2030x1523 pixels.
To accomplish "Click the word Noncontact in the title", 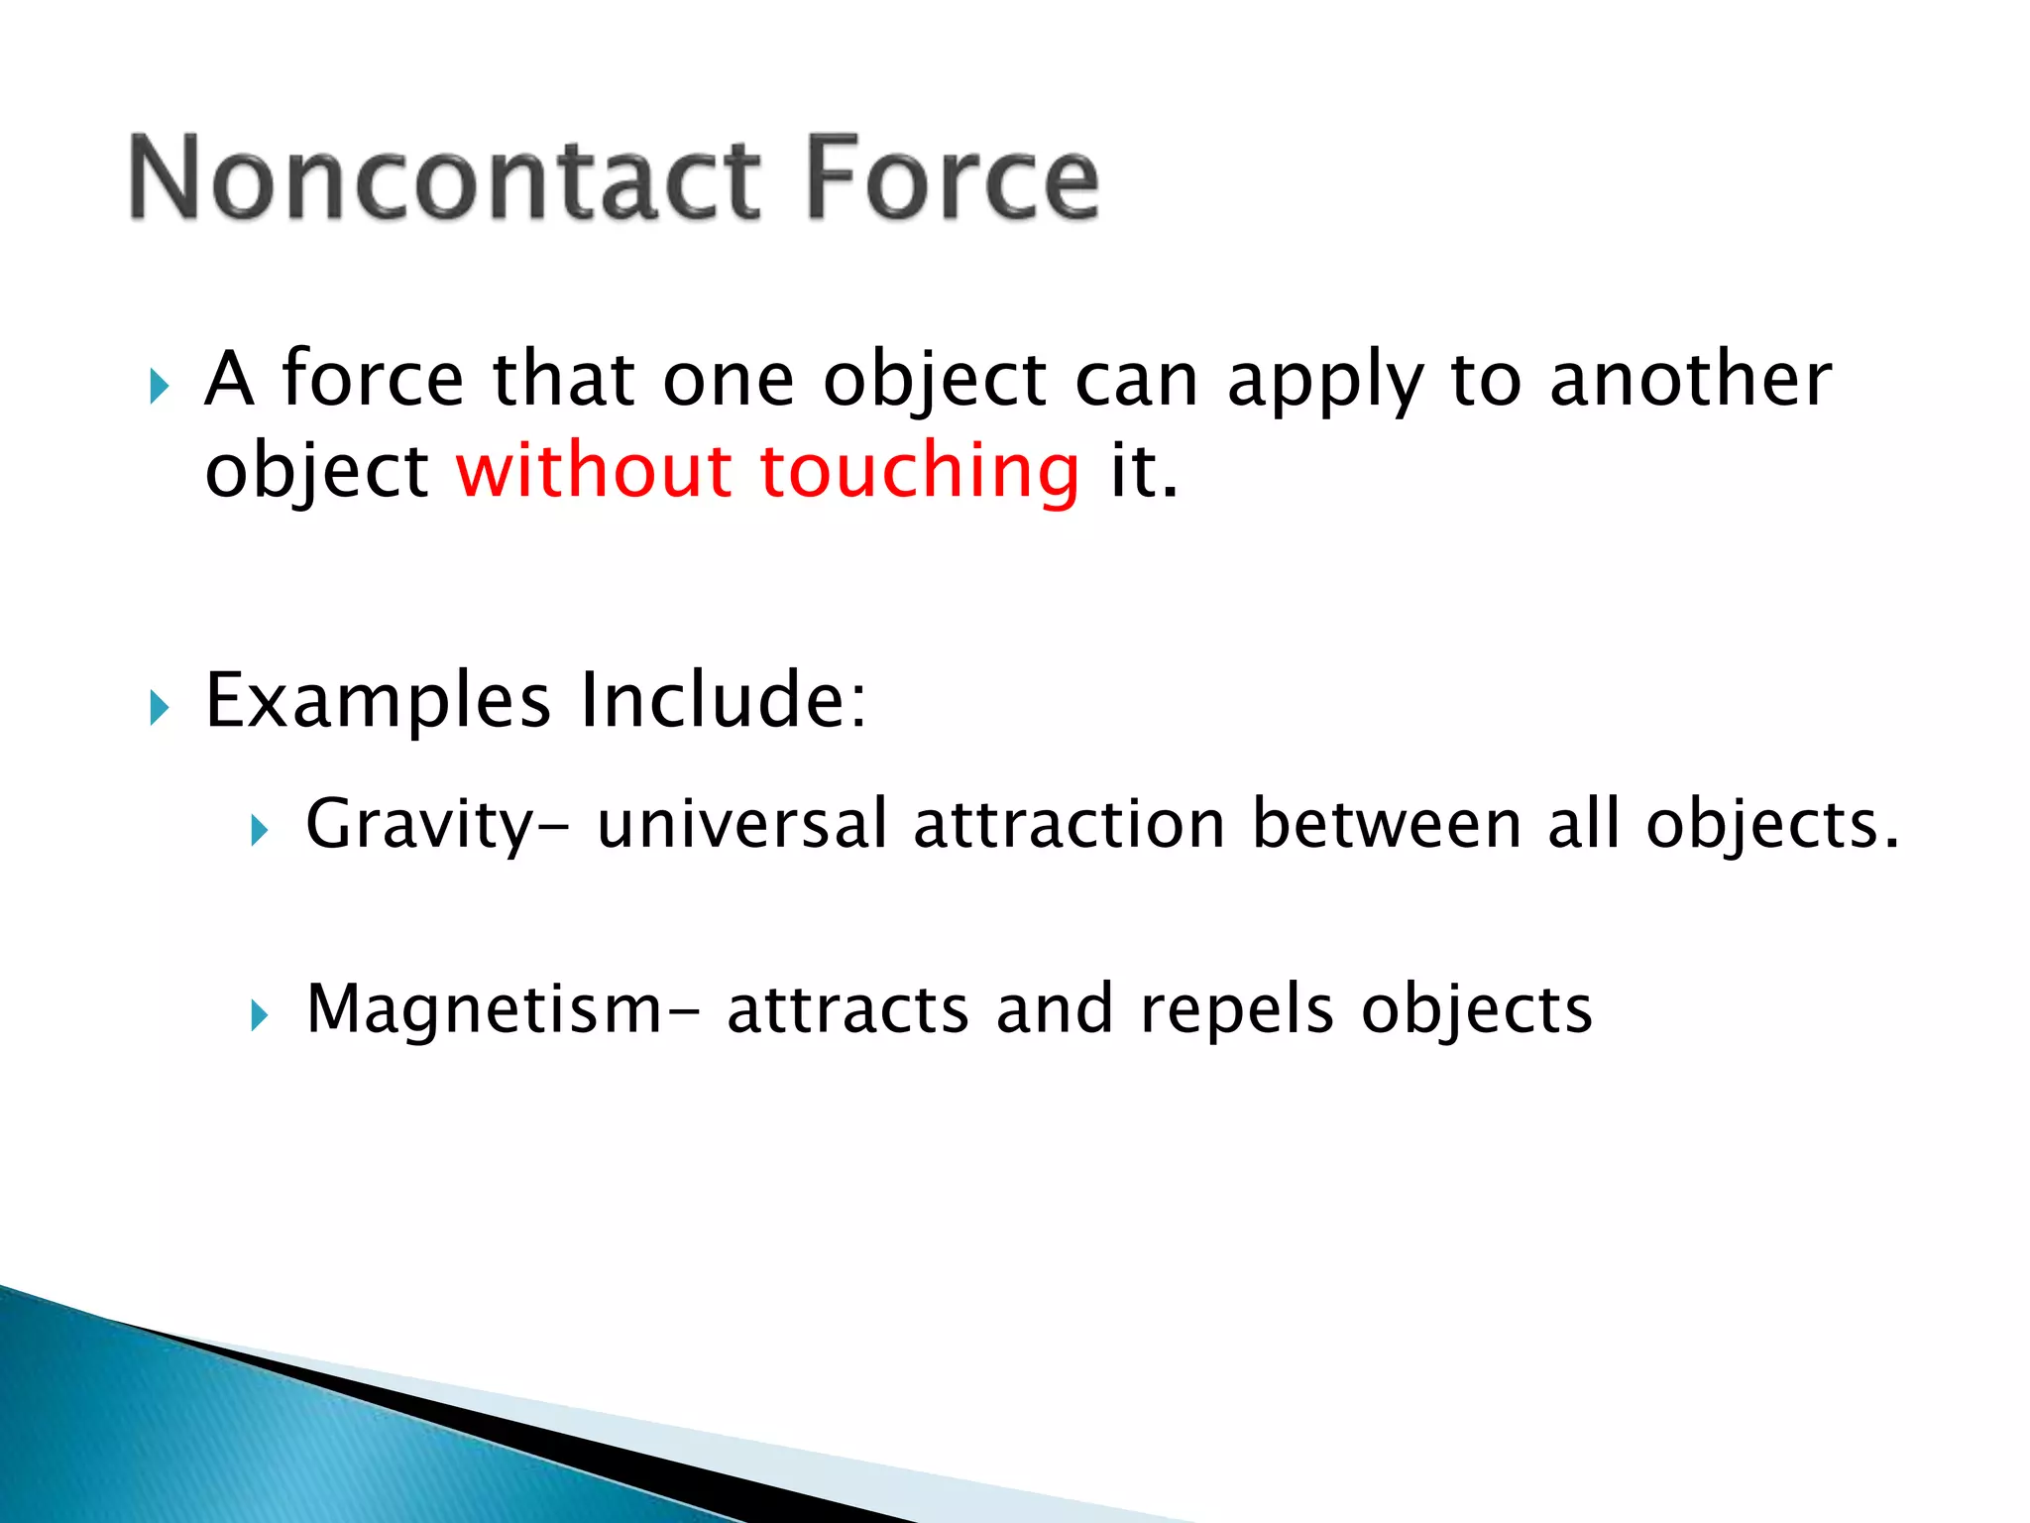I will (x=444, y=178).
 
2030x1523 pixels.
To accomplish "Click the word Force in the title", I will (x=952, y=178).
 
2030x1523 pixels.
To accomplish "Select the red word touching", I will (x=919, y=472).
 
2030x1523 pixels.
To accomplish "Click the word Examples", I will (x=377, y=702).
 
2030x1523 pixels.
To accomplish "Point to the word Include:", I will (x=723, y=700).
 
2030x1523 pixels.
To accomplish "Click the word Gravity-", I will (x=437, y=825).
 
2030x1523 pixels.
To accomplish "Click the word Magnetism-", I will (x=503, y=1009).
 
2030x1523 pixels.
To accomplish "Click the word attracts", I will (x=847, y=1009).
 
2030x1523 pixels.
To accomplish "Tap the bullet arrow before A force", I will (x=160, y=386).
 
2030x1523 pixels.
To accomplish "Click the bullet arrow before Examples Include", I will (x=160, y=708).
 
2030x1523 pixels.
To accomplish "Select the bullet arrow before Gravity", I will (x=260, y=830).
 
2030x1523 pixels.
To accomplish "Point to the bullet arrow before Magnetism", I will (x=260, y=1015).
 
